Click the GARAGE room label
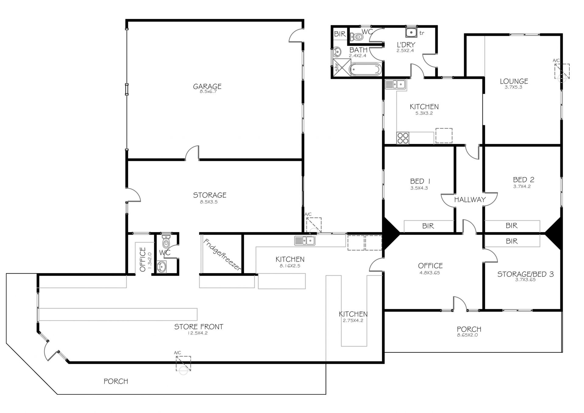[207, 86]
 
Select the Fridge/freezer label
[222, 255]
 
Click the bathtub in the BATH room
[365, 69]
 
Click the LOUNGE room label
[514, 81]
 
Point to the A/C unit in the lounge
[562, 72]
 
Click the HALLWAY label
[470, 200]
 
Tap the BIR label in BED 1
[428, 226]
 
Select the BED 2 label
[523, 180]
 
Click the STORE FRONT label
[199, 327]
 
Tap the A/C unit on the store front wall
[183, 364]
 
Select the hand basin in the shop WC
[162, 267]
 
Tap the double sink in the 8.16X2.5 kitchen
[304, 240]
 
